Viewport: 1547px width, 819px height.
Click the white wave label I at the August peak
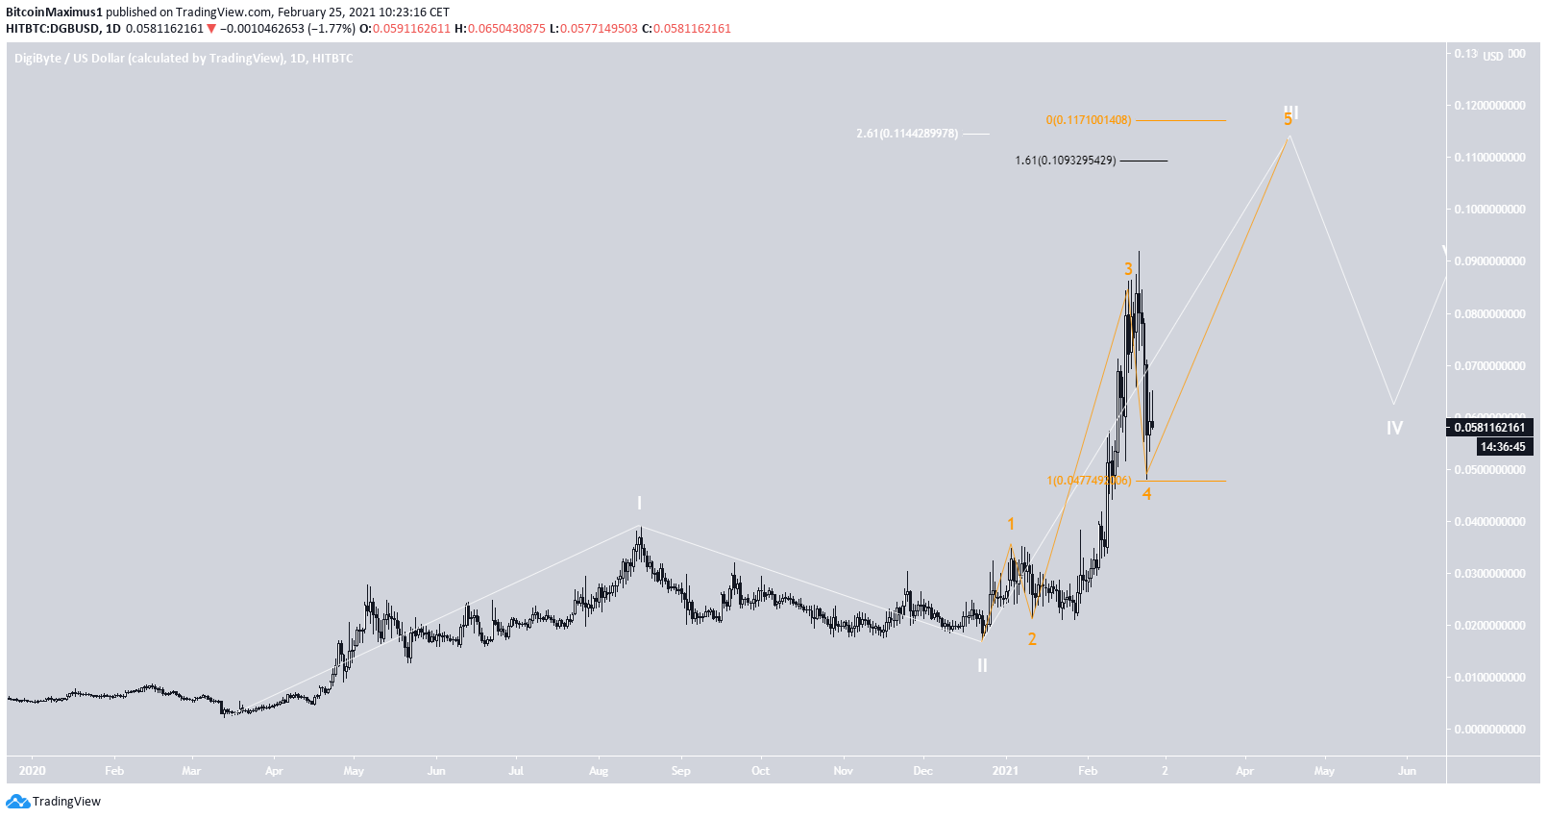[639, 504]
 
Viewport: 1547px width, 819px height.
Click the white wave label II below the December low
[982, 665]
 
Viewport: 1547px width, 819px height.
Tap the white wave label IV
[1394, 428]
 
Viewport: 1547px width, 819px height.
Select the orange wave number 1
[1011, 524]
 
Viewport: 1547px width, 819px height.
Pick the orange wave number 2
[1032, 639]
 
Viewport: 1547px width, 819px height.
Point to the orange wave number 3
[1129, 269]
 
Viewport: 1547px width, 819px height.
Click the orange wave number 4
[1146, 494]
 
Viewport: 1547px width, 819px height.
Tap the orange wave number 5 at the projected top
[1288, 120]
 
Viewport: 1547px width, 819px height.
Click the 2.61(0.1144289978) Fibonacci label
[907, 134]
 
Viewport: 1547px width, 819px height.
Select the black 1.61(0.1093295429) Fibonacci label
[1066, 161]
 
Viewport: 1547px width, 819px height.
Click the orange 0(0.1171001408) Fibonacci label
[1089, 120]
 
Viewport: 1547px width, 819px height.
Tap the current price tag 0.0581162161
[1488, 428]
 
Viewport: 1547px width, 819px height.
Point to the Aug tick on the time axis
[599, 771]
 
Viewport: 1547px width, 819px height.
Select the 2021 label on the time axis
[1005, 771]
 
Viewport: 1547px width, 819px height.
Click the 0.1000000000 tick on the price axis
[1488, 210]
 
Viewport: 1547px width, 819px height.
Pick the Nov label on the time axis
[843, 771]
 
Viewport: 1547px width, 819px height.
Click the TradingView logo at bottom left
[54, 802]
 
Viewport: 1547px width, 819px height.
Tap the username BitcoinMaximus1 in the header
[54, 12]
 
